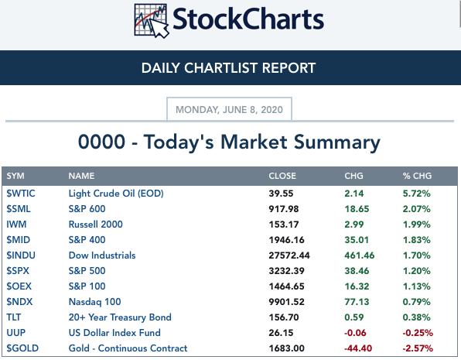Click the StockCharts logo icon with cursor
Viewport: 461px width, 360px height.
(151, 21)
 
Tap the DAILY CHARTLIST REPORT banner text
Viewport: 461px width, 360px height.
(228, 68)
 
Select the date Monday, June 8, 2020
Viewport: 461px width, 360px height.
(229, 109)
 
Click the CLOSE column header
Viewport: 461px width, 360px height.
(282, 176)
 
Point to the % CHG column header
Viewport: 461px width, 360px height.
(417, 176)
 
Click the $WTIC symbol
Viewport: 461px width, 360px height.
(21, 194)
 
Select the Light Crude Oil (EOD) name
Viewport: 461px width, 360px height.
(116, 194)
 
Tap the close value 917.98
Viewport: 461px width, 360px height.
(284, 209)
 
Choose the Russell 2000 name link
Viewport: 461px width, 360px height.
(96, 225)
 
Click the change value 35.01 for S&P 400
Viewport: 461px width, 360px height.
(357, 240)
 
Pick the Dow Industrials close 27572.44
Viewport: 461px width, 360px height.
(289, 255)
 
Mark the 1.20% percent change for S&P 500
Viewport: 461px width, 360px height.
(417, 271)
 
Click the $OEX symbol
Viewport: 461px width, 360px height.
(19, 286)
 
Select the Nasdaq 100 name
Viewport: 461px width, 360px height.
(94, 302)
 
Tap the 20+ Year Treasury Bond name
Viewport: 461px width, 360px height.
(120, 317)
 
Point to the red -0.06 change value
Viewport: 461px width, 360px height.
(355, 333)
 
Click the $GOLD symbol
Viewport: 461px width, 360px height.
(22, 348)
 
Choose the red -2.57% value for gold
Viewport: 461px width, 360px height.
(418, 348)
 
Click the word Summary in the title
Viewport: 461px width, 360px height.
(337, 142)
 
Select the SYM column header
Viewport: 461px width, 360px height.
(15, 176)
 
